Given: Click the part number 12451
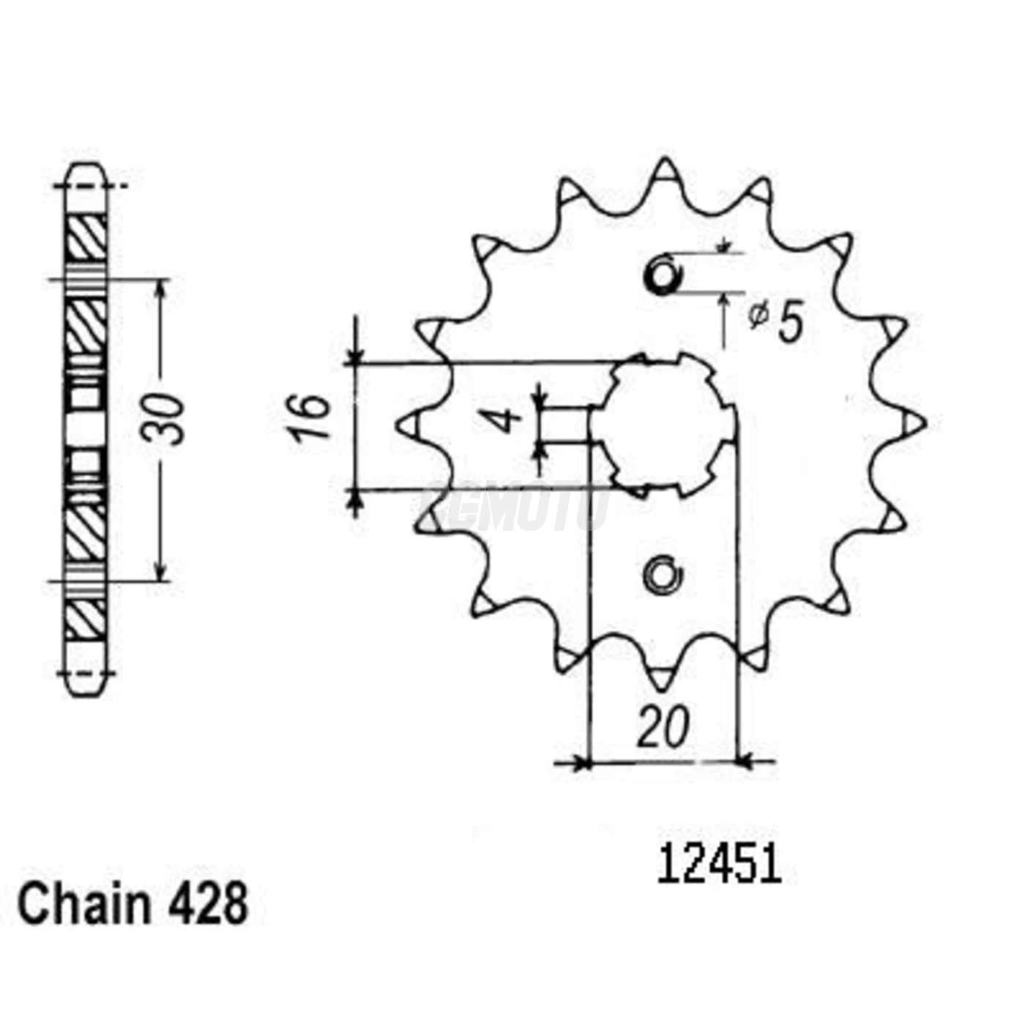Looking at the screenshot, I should (719, 865).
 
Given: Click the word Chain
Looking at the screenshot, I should (82, 906).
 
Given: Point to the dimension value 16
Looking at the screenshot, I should (309, 417).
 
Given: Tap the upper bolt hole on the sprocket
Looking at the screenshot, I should (664, 276).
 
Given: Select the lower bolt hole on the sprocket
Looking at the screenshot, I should (663, 575).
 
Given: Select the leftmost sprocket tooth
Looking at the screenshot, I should (410, 425).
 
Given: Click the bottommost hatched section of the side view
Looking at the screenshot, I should (86, 619).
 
